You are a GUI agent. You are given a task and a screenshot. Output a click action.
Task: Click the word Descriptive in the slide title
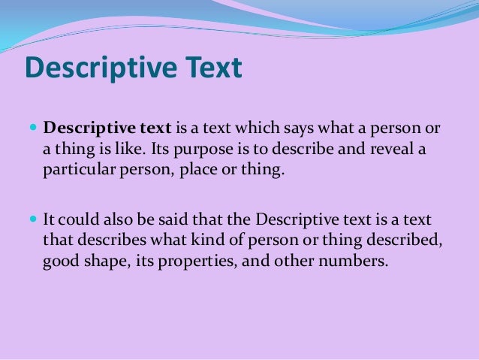pos(98,69)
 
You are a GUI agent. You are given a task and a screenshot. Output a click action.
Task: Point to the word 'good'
pos(60,262)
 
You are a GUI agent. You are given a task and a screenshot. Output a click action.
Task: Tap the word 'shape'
pos(105,262)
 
